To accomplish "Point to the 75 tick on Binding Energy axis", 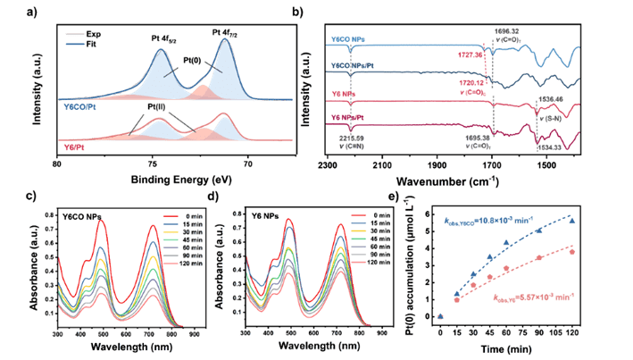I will click(x=154, y=163).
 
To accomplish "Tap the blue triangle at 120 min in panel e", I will click(x=572, y=221).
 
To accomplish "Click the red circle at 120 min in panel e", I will click(x=572, y=252).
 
